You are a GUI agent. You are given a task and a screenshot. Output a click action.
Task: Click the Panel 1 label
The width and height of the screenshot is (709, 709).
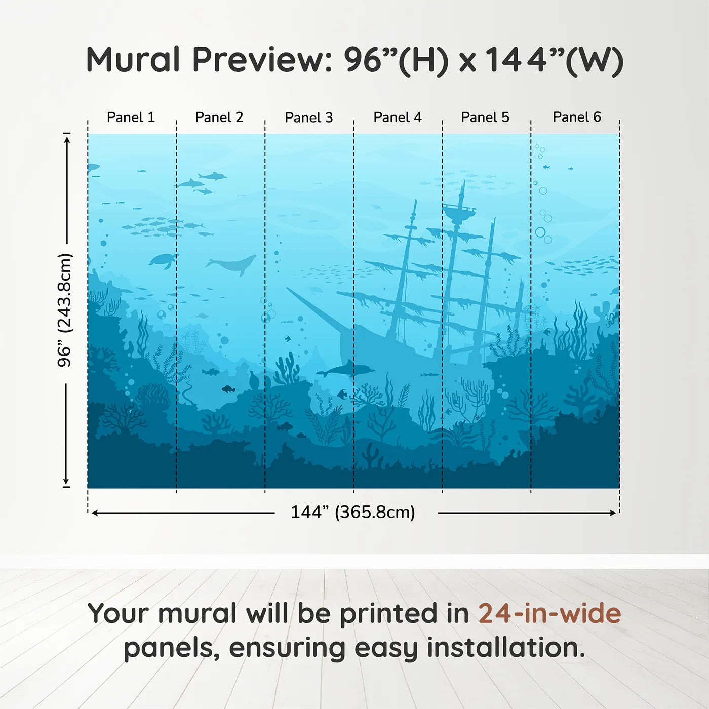131,117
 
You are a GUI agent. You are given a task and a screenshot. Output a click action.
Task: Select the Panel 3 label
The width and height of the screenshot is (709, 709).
308,117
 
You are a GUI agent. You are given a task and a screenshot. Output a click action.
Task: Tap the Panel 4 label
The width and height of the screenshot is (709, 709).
397,117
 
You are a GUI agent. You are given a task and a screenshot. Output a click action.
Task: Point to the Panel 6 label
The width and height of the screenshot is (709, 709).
576,117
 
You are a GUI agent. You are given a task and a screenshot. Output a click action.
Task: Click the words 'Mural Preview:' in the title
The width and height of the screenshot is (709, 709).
208,60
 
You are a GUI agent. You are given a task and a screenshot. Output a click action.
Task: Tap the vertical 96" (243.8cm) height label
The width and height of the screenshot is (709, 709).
65,310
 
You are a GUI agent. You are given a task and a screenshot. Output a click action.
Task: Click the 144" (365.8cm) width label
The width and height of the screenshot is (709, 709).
352,512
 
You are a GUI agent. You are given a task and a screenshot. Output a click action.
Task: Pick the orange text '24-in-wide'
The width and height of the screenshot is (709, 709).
549,613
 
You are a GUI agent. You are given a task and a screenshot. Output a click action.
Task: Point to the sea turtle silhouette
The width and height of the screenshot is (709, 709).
163,260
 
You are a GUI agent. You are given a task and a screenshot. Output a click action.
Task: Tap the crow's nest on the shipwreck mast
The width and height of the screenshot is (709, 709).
459,211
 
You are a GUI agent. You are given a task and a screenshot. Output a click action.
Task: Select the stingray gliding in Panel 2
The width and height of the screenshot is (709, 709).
202,316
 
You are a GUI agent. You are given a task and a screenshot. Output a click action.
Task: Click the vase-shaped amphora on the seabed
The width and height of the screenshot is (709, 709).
253,380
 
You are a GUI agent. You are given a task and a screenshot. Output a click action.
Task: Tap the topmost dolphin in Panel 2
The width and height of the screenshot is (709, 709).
212,176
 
